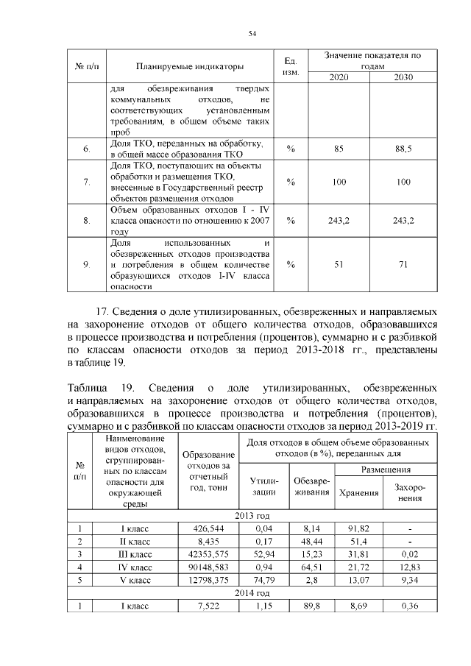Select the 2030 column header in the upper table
403,77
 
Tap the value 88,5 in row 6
403,149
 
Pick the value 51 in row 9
339,265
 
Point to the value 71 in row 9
403,265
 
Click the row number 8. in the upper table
87,220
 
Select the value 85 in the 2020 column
339,149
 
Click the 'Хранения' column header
357,492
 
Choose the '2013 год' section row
252,516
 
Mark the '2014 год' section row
252,593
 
